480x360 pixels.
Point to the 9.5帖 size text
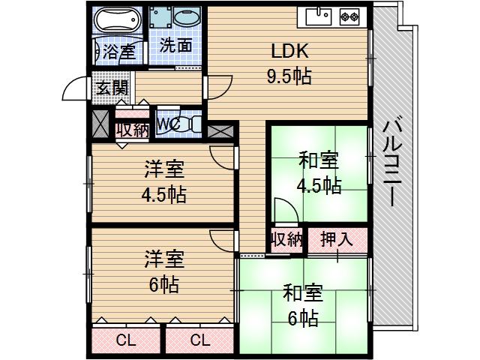point(289,76)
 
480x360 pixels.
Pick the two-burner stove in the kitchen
point(349,14)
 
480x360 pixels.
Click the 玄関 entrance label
point(111,87)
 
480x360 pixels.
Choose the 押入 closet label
point(337,241)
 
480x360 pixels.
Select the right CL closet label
point(199,340)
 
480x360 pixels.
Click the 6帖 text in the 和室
point(302,318)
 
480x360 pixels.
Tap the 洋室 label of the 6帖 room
point(164,260)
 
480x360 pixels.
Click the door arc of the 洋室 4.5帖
point(223,156)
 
